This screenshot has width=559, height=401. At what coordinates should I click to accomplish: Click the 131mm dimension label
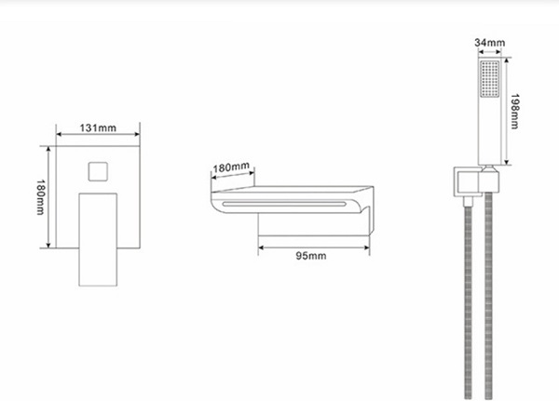click(x=98, y=127)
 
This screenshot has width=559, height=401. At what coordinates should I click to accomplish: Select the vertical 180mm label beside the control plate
click(x=41, y=197)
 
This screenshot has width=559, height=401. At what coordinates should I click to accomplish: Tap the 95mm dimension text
click(x=311, y=256)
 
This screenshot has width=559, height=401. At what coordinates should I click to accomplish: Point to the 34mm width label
click(x=489, y=43)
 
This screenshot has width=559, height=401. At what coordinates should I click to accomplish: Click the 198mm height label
click(x=514, y=111)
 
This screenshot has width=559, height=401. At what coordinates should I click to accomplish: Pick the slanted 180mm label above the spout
click(x=231, y=167)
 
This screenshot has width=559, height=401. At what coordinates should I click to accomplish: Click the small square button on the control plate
click(x=98, y=171)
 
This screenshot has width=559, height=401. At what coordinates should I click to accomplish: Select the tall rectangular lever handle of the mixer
click(x=98, y=239)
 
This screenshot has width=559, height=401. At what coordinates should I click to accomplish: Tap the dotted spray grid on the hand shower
click(x=489, y=79)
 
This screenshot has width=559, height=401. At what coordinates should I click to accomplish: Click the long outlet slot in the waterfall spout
click(x=284, y=204)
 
